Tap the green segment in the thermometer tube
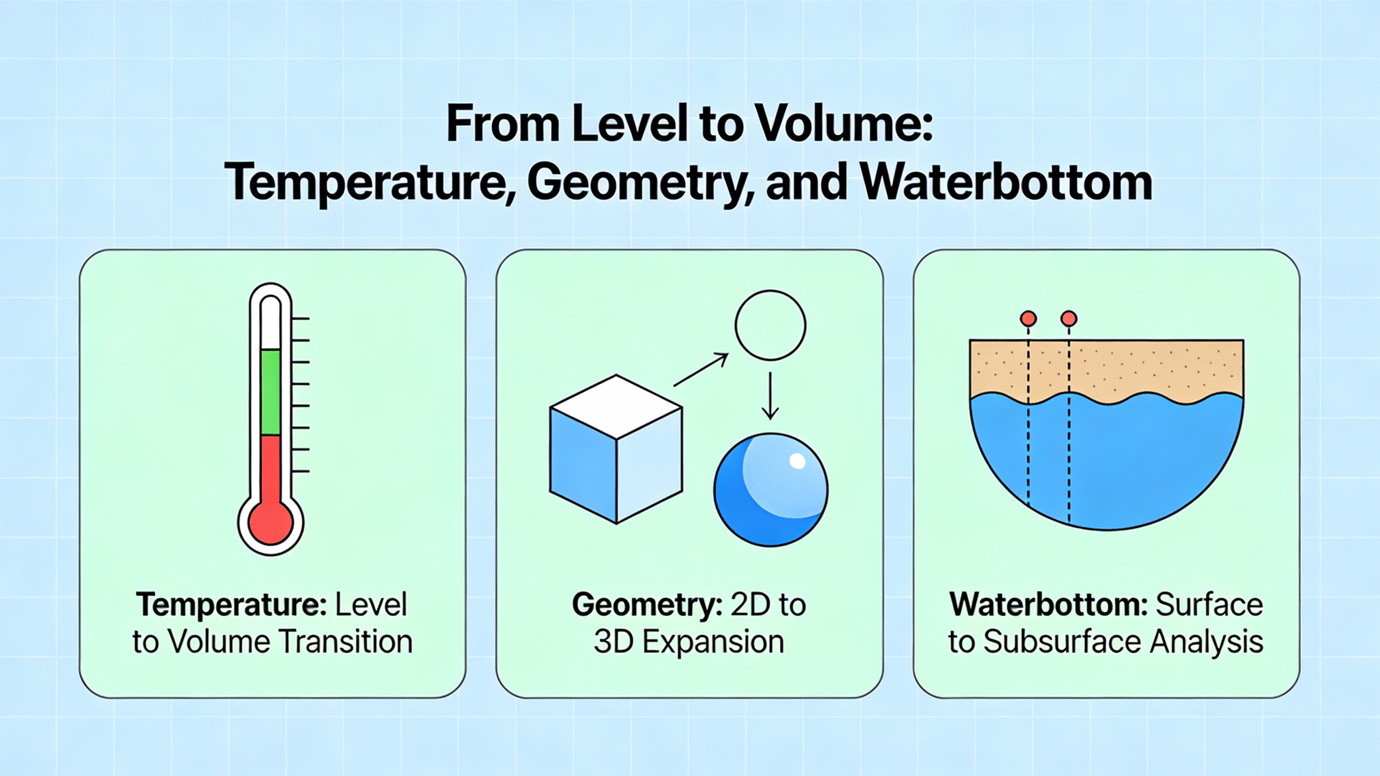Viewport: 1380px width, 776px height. click(x=271, y=392)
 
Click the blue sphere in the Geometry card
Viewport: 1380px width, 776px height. click(x=771, y=490)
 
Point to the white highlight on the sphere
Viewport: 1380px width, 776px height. click(x=797, y=461)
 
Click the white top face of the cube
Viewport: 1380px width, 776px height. click(x=616, y=399)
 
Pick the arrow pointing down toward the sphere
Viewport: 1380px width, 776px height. click(x=770, y=396)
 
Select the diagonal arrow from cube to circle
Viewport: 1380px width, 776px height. click(x=701, y=370)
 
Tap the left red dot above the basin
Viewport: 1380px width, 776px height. click(x=1028, y=318)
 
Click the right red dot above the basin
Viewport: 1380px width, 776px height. click(x=1068, y=318)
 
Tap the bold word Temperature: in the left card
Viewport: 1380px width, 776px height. click(x=231, y=605)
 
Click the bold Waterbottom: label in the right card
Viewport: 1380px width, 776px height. click(x=1049, y=605)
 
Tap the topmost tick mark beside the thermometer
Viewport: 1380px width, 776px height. click(x=300, y=319)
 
